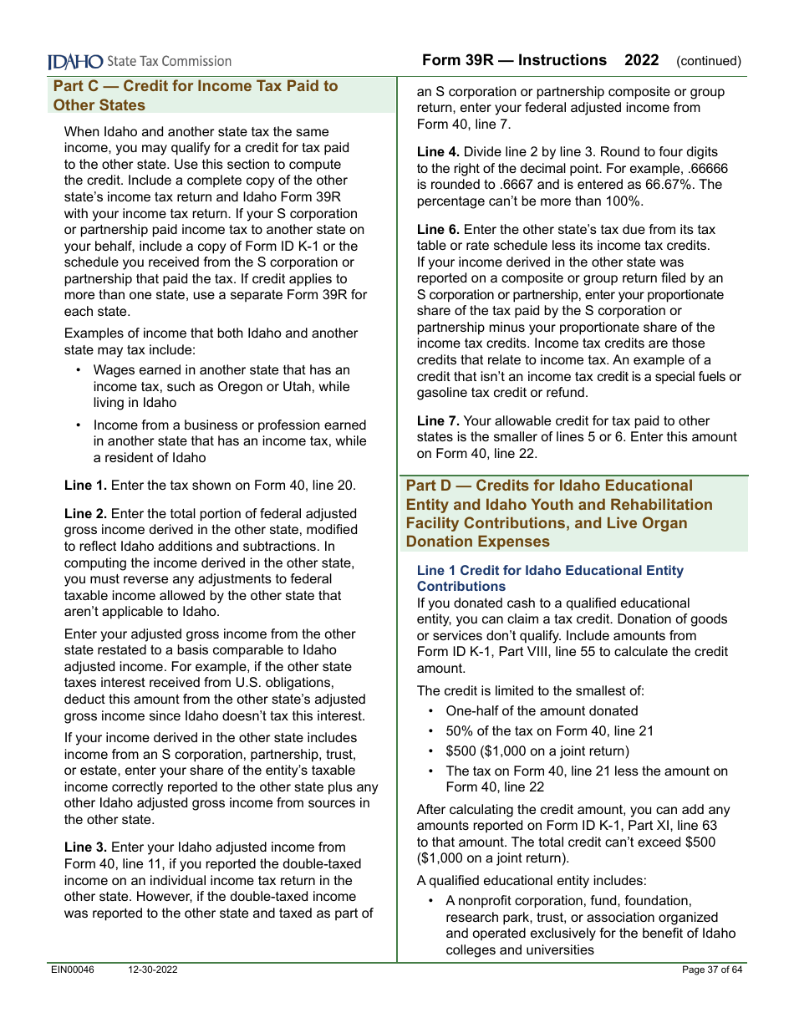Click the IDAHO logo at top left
tap(76, 61)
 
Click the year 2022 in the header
tap(642, 60)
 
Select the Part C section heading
tap(196, 95)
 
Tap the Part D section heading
tap(559, 513)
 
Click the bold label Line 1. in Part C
tap(85, 485)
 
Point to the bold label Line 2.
tap(85, 514)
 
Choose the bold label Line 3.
tap(85, 847)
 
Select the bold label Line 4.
tap(438, 152)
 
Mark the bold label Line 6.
tap(438, 230)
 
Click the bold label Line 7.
tap(438, 421)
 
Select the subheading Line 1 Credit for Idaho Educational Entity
tap(550, 578)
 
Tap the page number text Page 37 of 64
tap(712, 970)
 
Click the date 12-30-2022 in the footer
tap(153, 970)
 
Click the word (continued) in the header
tap(709, 61)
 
